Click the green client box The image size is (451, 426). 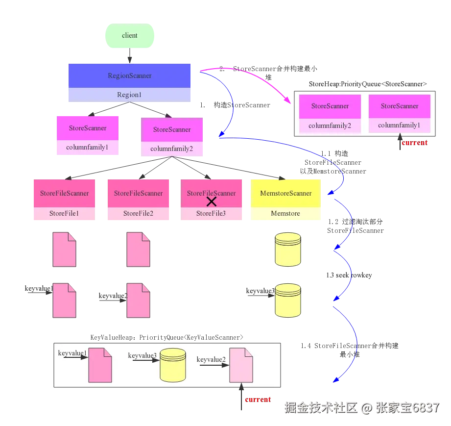[x=129, y=36]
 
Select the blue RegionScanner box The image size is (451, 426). [x=129, y=76]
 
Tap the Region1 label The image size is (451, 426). [x=129, y=95]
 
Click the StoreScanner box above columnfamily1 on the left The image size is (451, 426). [x=88, y=128]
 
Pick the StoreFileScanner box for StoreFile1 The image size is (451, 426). [x=65, y=193]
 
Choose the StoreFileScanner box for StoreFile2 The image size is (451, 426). [x=139, y=193]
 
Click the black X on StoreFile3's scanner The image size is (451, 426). [x=212, y=201]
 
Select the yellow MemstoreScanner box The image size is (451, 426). [x=286, y=193]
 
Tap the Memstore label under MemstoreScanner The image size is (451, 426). [x=286, y=214]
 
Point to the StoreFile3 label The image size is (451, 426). [x=211, y=214]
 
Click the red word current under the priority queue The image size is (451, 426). [x=414, y=143]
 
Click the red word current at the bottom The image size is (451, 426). [x=258, y=400]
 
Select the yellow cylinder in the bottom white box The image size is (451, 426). [x=173, y=365]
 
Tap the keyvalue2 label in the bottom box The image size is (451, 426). [x=211, y=360]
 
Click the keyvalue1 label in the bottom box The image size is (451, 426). [x=72, y=353]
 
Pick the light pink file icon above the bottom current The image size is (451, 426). [x=241, y=365]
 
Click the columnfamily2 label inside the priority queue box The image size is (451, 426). [x=330, y=125]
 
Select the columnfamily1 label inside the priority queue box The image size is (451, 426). [x=399, y=125]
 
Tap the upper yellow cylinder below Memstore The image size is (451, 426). [x=287, y=249]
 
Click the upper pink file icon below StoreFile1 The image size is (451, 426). [x=65, y=250]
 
